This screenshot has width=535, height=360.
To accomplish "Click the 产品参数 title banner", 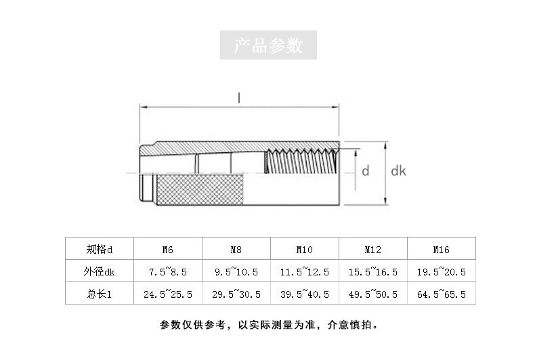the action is (268, 45).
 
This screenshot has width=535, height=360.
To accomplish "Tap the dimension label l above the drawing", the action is (239, 98).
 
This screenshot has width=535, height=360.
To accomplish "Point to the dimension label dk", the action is (398, 171).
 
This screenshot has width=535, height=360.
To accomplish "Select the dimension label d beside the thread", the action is (366, 171).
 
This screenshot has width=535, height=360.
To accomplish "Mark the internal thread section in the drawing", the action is (301, 161).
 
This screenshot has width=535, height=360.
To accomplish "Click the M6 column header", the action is (167, 250).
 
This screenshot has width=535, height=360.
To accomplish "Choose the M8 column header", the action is (236, 250).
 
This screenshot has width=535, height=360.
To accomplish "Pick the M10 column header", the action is (304, 250).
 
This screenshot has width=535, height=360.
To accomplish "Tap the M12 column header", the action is (372, 250).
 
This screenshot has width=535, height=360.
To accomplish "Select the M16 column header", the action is (441, 250).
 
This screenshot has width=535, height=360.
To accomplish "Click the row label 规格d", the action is (100, 249).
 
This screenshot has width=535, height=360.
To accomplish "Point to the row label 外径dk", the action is (99, 271).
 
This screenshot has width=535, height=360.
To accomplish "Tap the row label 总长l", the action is (99, 294).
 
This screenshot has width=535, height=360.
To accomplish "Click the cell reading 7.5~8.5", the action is (168, 272).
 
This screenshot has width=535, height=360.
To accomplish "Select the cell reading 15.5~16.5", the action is (373, 272).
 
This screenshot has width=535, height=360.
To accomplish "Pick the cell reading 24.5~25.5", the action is (168, 294).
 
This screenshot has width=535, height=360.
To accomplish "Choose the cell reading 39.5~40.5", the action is (305, 294).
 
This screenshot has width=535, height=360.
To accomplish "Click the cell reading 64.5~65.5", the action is (441, 294).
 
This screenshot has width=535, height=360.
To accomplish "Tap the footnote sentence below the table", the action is (269, 325).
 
